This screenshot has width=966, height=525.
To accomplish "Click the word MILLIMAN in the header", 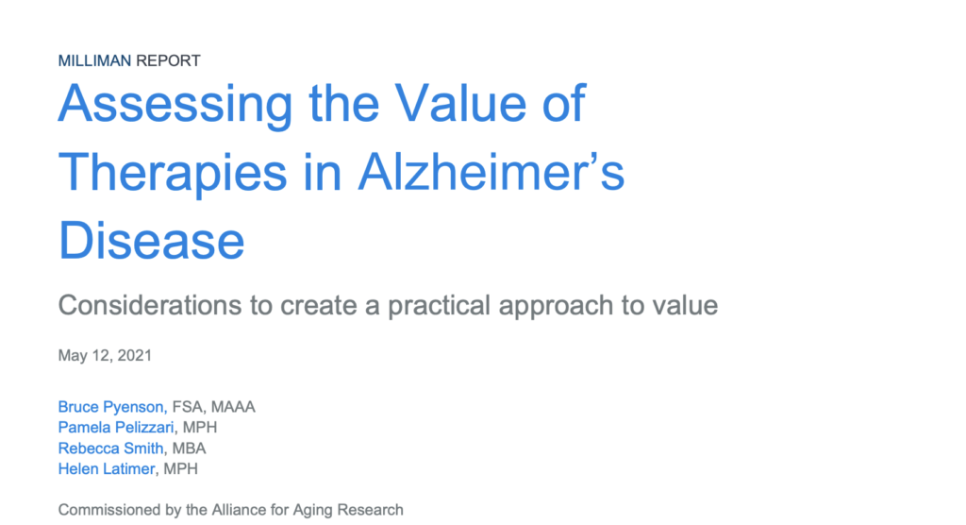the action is [x=95, y=60].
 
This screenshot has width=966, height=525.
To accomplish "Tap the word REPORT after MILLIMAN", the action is [x=168, y=60].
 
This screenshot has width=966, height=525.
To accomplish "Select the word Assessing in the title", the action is [x=175, y=105].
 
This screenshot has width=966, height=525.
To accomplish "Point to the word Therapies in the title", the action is [x=173, y=174].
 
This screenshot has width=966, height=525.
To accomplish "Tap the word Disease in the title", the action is [x=152, y=240].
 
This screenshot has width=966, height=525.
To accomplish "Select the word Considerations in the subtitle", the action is [x=151, y=305].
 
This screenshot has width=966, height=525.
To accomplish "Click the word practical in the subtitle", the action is [x=440, y=306].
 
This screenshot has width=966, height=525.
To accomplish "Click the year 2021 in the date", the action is [x=134, y=355].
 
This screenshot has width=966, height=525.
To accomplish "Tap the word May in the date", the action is [x=70, y=356].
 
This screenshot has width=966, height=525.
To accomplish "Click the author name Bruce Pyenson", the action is [x=111, y=407].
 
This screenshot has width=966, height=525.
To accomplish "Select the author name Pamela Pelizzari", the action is [x=116, y=427].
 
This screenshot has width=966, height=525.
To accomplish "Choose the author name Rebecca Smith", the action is [x=111, y=448].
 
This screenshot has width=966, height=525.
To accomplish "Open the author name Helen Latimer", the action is [x=106, y=469].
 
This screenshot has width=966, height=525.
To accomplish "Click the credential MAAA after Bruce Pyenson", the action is [x=233, y=407].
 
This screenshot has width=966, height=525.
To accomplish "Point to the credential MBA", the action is [x=189, y=448].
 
